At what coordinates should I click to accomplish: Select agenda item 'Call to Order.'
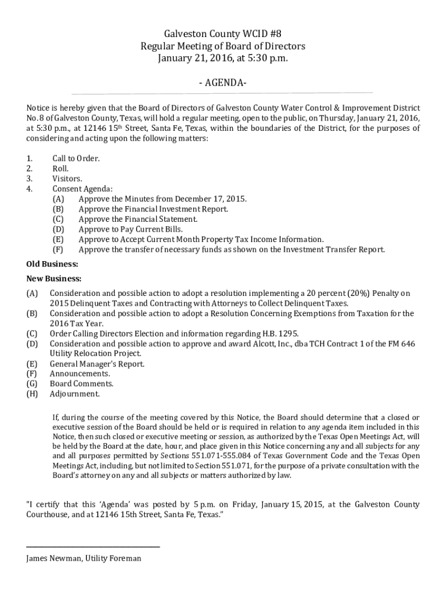pos(75,158)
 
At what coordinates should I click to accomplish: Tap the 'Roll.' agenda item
pos(61,169)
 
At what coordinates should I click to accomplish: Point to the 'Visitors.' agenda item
pos(67,178)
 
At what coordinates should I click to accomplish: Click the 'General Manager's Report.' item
pos(97,364)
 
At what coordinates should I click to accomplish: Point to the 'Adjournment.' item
pos(74,394)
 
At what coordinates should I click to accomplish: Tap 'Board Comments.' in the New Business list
pos(81,383)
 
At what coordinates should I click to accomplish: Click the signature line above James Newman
pos(93,546)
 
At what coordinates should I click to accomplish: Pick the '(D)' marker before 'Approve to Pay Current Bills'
pos(58,229)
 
